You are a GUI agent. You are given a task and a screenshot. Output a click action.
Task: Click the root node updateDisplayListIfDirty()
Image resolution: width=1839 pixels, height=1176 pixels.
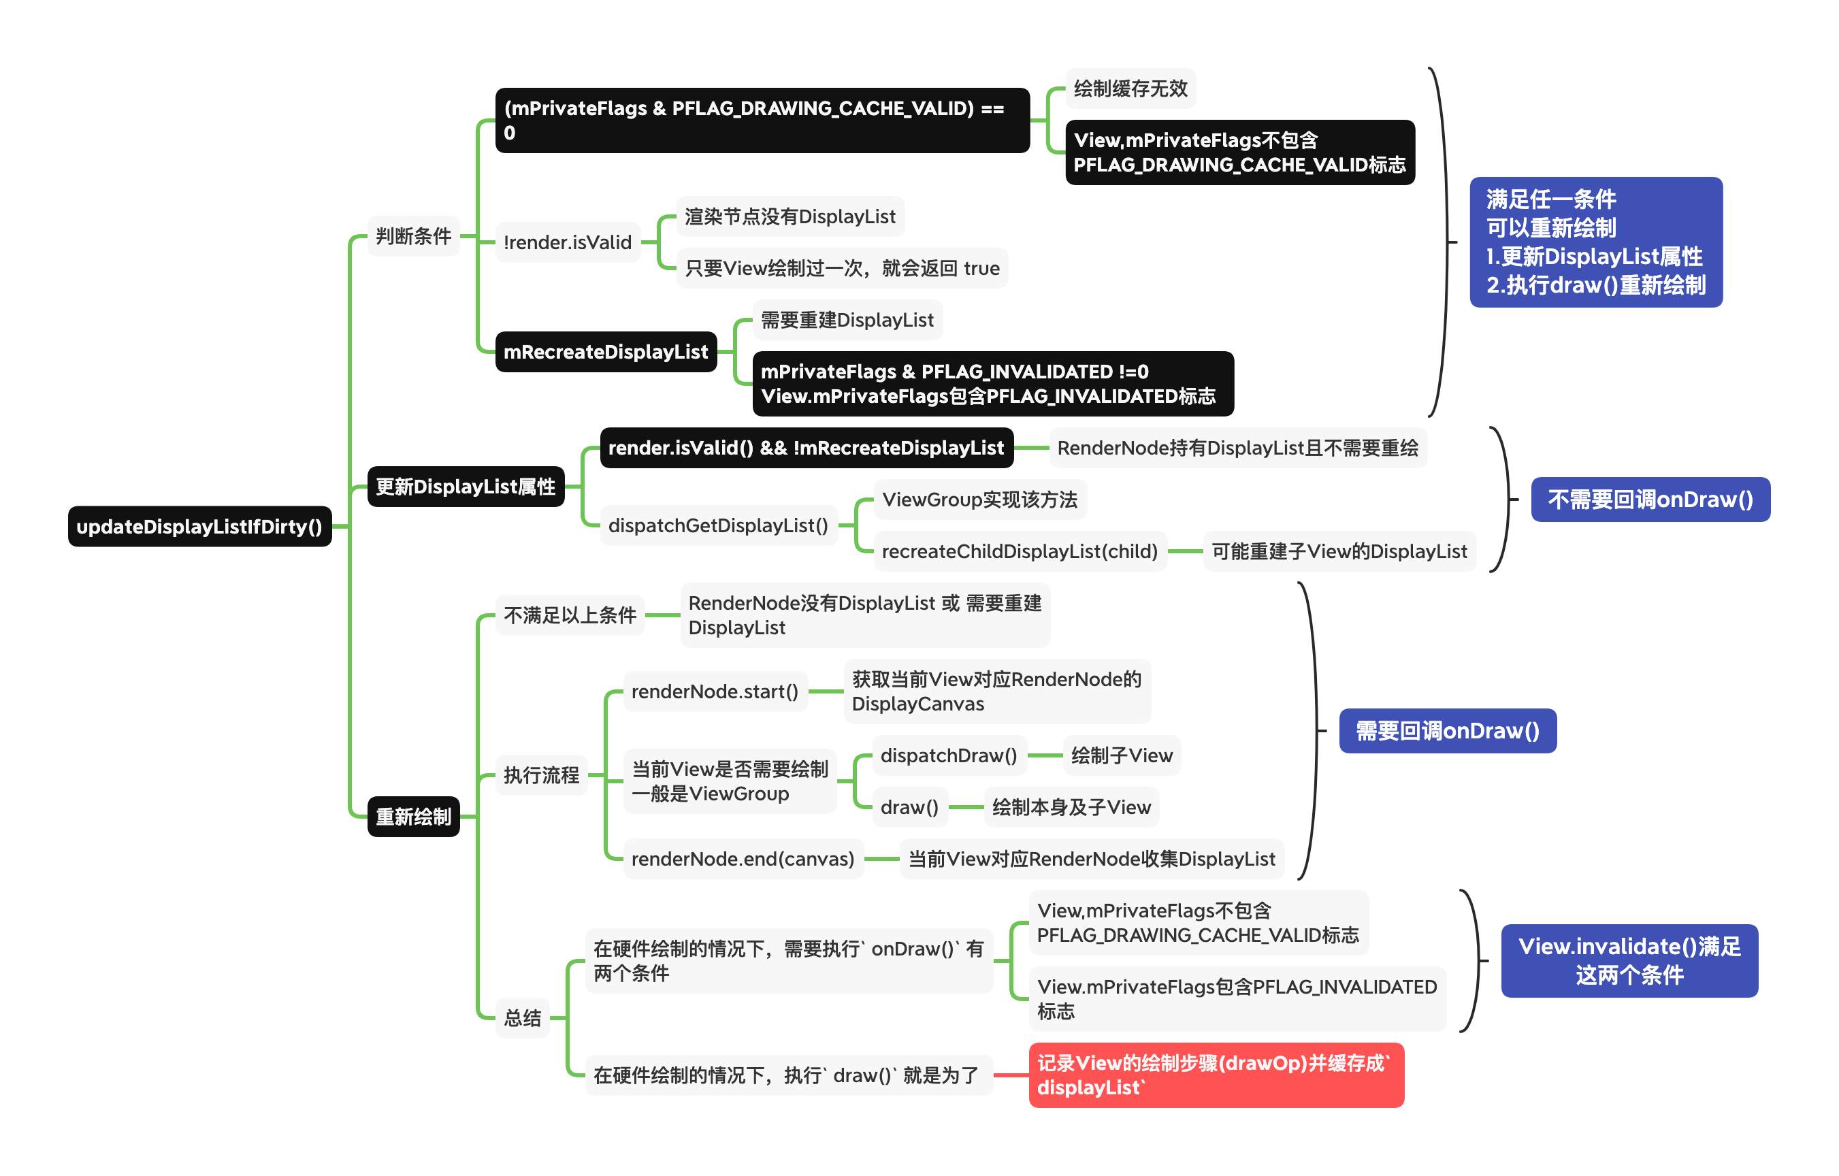[x=199, y=526]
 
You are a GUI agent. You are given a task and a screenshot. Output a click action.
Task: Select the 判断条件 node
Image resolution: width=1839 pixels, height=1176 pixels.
[x=413, y=236]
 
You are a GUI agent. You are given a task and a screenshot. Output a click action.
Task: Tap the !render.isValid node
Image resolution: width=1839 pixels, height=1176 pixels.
[x=568, y=242]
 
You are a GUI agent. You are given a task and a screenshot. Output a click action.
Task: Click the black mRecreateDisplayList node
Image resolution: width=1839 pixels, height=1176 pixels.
[x=606, y=352]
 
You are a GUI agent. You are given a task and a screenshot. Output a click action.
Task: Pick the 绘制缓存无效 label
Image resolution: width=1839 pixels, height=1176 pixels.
[x=1130, y=88]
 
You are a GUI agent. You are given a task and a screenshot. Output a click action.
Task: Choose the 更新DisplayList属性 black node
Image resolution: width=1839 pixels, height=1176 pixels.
[x=465, y=487]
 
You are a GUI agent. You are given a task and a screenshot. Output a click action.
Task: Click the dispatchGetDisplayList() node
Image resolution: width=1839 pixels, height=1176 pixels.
[x=718, y=525]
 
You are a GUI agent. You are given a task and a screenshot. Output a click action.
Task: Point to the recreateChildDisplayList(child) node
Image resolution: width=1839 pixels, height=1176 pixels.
[x=1020, y=551]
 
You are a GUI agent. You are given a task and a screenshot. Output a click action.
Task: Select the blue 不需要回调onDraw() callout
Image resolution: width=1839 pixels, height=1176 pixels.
[x=1650, y=500]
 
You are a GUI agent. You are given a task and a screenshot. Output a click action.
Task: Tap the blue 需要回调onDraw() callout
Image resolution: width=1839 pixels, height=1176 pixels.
[x=1447, y=731]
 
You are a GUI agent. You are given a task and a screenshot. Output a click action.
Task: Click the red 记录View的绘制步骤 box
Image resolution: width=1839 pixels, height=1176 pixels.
[x=1216, y=1075]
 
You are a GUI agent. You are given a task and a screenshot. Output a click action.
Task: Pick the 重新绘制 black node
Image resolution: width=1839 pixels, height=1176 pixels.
[x=413, y=817]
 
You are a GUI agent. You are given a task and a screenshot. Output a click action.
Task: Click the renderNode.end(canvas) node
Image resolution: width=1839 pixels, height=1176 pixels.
[x=743, y=859]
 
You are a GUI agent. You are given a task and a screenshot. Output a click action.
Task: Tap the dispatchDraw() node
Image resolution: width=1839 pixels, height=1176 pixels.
[x=949, y=755]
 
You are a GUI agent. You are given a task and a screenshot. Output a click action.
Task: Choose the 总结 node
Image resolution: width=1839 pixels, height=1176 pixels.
[x=523, y=1017]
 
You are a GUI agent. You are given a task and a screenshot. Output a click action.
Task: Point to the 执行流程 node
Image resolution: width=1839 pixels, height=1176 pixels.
[x=542, y=775]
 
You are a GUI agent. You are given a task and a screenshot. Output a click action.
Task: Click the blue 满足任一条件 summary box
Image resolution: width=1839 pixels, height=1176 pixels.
[x=1595, y=242]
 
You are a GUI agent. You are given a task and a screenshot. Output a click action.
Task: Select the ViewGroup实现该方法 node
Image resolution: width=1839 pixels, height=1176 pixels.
[x=980, y=500]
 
